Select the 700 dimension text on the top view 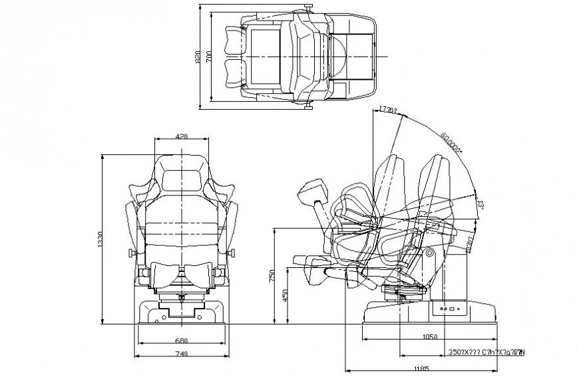tap(209, 59)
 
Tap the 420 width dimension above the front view tap(181, 136)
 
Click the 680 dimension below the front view tap(180, 340)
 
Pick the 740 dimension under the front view tap(180, 355)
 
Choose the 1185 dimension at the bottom tap(420, 368)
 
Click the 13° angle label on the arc tap(479, 203)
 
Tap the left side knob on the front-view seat tap(130, 253)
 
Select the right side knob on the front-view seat tap(233, 253)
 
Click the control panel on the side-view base tap(447, 309)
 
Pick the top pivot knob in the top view tap(307, 7)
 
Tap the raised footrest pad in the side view tap(313, 190)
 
